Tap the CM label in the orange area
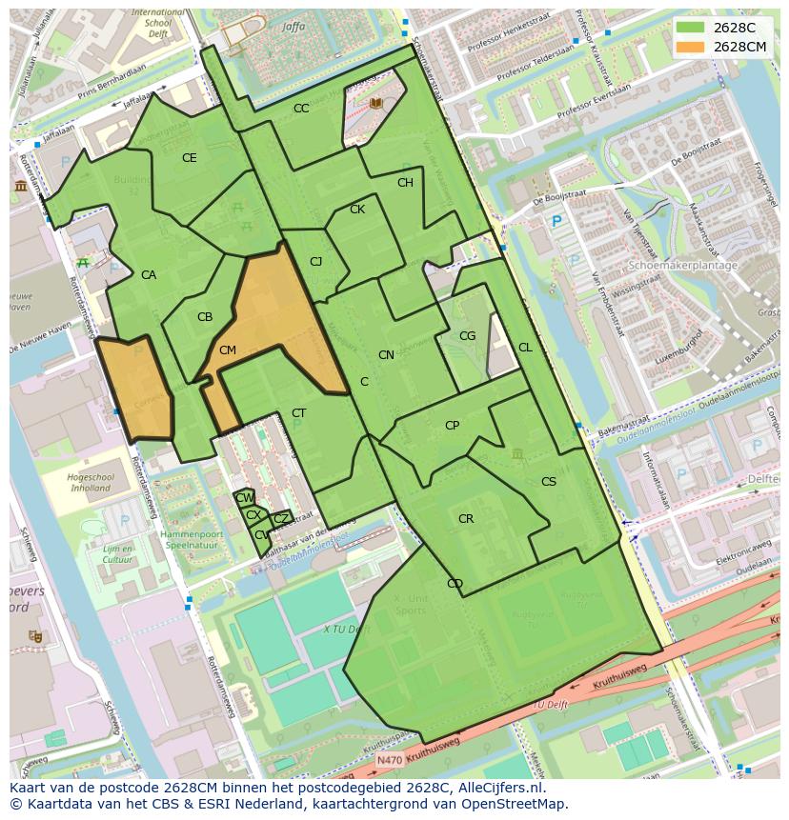point(227,350)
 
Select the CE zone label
point(190,158)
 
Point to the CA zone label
point(149,275)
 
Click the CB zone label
point(205,317)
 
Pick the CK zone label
point(357,210)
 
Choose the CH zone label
point(405,183)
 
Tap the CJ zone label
point(316,262)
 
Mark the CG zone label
point(467,336)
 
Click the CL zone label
point(525,348)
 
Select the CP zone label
point(452,426)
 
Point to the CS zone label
point(549,482)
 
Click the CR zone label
point(466,519)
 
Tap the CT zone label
point(299,413)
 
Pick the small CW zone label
point(244,498)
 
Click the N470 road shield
point(389,760)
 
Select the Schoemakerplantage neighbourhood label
point(684,266)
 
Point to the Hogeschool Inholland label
point(91,483)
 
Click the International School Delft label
point(158,21)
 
